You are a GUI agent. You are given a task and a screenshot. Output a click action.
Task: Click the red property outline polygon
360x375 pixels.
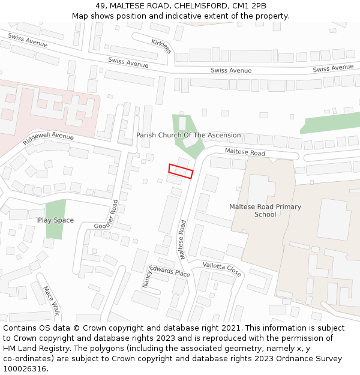pyautogui.click(x=181, y=171)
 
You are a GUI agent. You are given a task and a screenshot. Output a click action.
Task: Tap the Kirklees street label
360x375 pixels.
pyautogui.click(x=161, y=46)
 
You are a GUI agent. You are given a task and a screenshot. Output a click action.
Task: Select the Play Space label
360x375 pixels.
pyautogui.click(x=56, y=220)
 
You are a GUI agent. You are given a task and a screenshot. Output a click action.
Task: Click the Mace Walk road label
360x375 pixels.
pyautogui.click(x=52, y=300)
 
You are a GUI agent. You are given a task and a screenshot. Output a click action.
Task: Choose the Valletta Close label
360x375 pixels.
pyautogui.click(x=222, y=269)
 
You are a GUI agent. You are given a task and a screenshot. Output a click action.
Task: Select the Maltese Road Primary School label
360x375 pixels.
pyautogui.click(x=265, y=211)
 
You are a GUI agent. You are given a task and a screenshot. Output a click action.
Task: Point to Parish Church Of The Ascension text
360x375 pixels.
pyautogui.click(x=188, y=135)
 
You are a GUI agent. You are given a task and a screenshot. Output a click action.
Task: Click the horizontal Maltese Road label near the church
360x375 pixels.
pyautogui.click(x=245, y=152)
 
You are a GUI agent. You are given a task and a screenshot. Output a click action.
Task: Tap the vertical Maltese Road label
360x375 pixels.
pyautogui.click(x=182, y=239)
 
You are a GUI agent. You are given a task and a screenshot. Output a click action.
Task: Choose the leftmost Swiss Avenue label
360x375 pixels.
pyautogui.click(x=28, y=40)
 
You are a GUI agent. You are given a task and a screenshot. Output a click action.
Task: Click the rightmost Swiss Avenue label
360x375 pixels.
pyautogui.click(x=333, y=68)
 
